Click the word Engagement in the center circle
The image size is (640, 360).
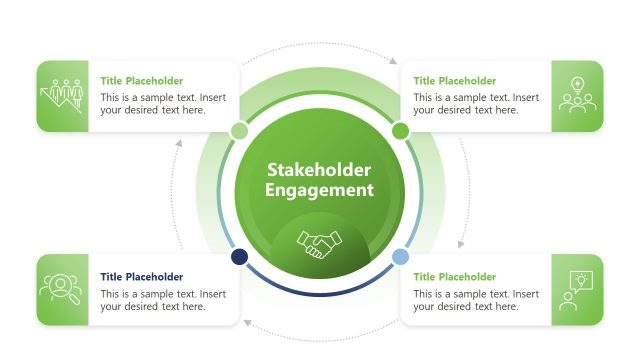[x=320, y=190]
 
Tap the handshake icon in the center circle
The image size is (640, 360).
[x=321, y=244]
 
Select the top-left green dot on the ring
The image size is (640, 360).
[x=239, y=131]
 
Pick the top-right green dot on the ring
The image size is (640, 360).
[x=400, y=131]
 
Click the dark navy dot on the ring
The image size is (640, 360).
[x=239, y=257]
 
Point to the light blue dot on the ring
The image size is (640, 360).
[x=400, y=257]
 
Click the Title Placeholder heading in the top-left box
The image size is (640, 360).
[x=141, y=81]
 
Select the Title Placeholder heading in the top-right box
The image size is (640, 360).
[x=454, y=81]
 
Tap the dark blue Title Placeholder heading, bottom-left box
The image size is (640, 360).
[x=141, y=277]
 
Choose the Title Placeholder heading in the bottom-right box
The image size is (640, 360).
[x=454, y=277]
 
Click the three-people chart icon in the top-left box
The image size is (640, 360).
[x=62, y=96]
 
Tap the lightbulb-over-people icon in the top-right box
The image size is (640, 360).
[x=577, y=96]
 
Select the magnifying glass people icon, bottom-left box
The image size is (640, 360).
[x=62, y=289]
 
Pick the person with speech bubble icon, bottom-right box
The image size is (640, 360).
[x=577, y=289]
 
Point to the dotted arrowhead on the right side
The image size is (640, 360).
[x=461, y=244]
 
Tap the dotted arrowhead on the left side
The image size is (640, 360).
[x=179, y=144]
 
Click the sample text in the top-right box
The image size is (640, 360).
[x=476, y=104]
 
